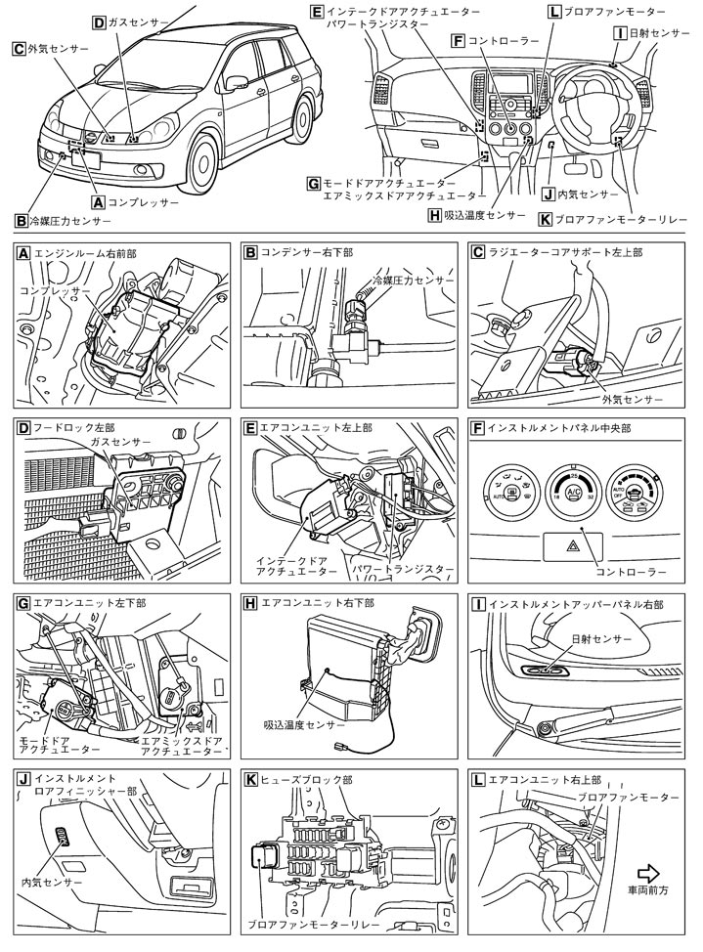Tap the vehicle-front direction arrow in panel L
click(x=649, y=872)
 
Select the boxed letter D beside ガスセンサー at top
click(x=100, y=22)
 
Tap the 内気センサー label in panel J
click(x=51, y=882)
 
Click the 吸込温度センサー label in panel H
click(x=304, y=725)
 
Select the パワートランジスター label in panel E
click(x=416, y=568)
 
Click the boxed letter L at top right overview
click(x=555, y=12)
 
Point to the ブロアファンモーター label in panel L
click(x=626, y=798)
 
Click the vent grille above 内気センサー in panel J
click(x=66, y=834)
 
